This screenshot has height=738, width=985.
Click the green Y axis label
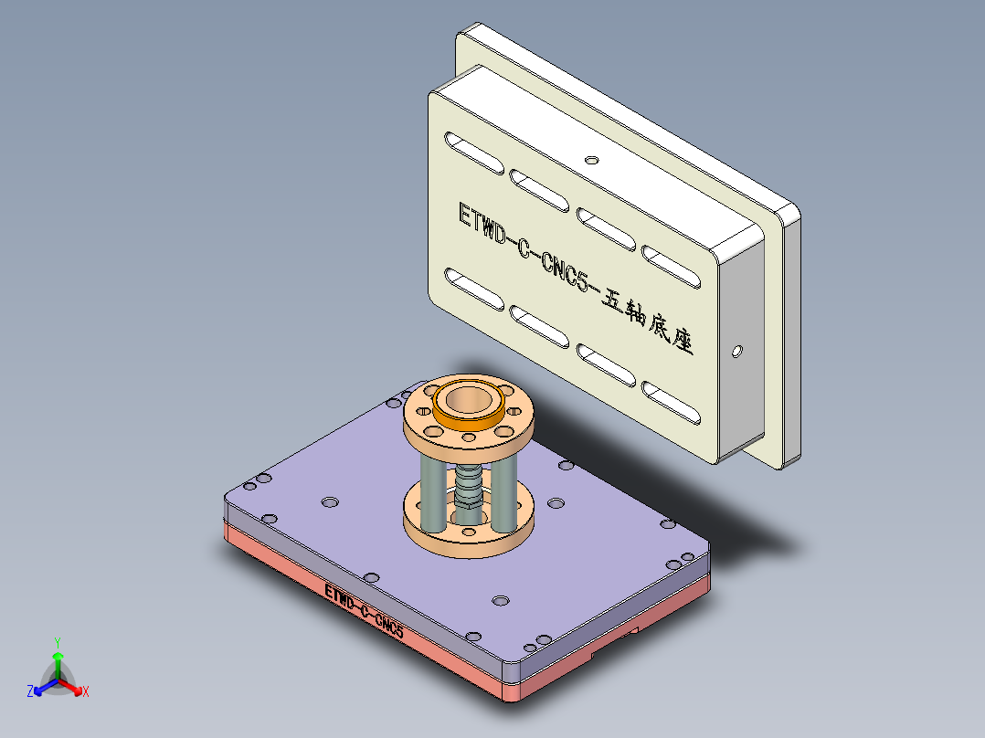pos(57,642)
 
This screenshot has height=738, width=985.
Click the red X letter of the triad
pos(85,691)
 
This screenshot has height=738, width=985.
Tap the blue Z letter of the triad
pos(30,691)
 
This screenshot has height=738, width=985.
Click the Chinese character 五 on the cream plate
pos(610,301)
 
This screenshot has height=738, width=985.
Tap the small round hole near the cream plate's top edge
pos(592,160)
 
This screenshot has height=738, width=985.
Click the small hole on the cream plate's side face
pos(737,350)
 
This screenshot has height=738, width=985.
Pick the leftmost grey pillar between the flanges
pos(429,493)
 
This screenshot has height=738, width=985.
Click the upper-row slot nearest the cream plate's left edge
pos(473,153)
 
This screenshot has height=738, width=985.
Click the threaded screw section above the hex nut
pos(467,479)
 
